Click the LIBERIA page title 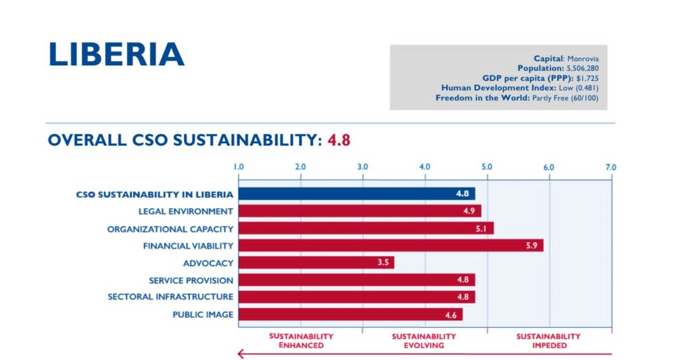[116, 54]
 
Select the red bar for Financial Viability [390, 246]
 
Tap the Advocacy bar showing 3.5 [316, 263]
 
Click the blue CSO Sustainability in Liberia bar [356, 194]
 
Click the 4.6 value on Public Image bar [451, 315]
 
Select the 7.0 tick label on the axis [610, 167]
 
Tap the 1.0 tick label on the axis [238, 167]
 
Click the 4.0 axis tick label [424, 167]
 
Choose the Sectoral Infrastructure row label [170, 297]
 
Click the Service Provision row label [191, 280]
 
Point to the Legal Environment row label [185, 211]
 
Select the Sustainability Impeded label [549, 341]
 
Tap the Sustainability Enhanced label [301, 341]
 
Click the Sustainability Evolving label [424, 341]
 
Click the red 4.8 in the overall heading [339, 140]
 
